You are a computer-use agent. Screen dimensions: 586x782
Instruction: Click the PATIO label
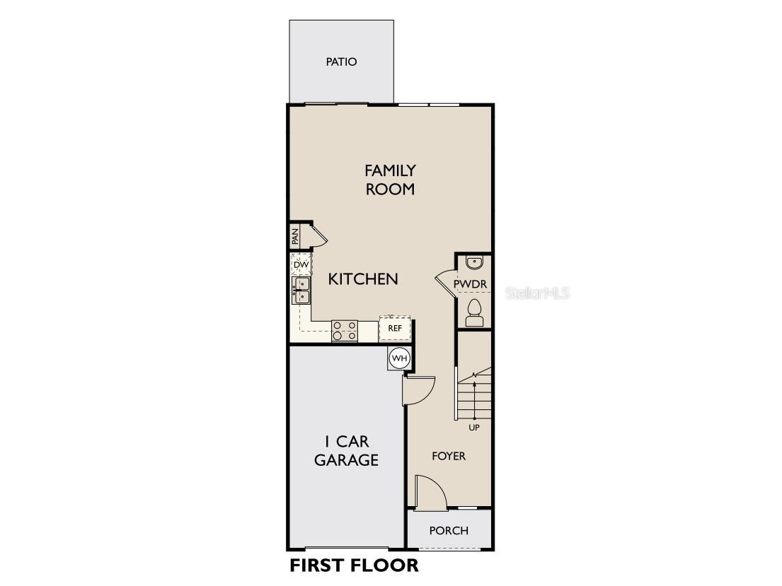pyautogui.click(x=341, y=61)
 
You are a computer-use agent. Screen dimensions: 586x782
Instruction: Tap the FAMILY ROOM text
pyautogui.click(x=390, y=180)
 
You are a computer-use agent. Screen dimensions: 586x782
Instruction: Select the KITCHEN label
pyautogui.click(x=363, y=279)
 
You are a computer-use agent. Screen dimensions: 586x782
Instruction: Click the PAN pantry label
pyautogui.click(x=295, y=236)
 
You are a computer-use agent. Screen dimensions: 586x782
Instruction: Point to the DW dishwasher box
pyautogui.click(x=301, y=265)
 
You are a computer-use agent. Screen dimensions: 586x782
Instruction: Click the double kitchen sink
pyautogui.click(x=302, y=290)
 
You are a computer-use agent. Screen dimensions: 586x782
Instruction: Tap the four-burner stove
pyautogui.click(x=345, y=330)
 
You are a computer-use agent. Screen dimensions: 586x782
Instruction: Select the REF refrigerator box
pyautogui.click(x=395, y=328)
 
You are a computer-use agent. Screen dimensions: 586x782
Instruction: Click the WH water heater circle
pyautogui.click(x=400, y=358)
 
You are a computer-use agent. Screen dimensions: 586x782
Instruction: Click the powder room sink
pyautogui.click(x=474, y=264)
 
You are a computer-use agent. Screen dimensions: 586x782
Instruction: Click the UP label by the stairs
pyautogui.click(x=474, y=428)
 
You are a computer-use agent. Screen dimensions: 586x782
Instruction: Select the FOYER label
pyautogui.click(x=449, y=456)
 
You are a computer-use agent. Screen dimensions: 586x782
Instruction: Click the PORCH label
pyautogui.click(x=449, y=530)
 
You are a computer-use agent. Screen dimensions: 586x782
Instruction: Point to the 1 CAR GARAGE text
pyautogui.click(x=347, y=451)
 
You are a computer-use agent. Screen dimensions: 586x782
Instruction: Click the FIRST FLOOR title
pyautogui.click(x=354, y=566)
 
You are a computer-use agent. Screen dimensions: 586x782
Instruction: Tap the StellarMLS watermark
pyautogui.click(x=537, y=293)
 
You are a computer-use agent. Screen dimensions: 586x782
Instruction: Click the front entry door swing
pyautogui.click(x=429, y=493)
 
